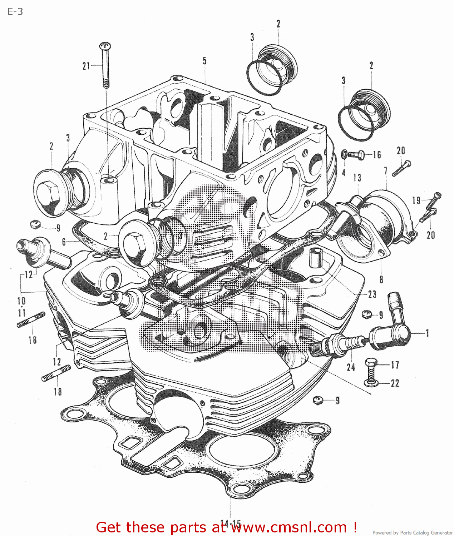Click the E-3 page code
point(15,12)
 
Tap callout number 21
point(86,66)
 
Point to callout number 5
point(204,61)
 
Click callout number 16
point(377,155)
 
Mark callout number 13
point(357,178)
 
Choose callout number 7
point(386,171)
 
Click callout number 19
point(416,200)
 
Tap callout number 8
point(381,279)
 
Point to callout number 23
point(372,294)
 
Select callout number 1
point(427,333)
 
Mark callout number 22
point(395,383)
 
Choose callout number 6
point(64,242)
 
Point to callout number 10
point(21,301)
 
